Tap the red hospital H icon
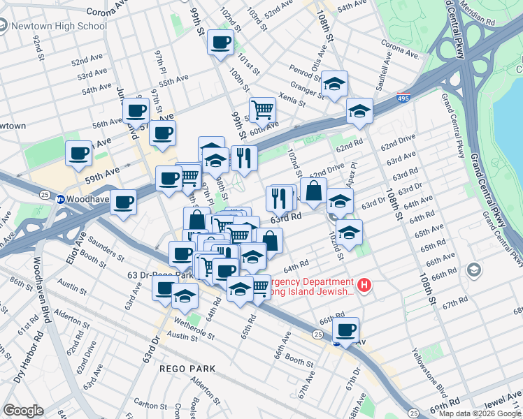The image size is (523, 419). point(364,285)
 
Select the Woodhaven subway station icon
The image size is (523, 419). point(61,199)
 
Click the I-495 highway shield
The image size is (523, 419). point(403,98)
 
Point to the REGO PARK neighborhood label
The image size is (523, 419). point(187,368)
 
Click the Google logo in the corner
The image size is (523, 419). point(23,411)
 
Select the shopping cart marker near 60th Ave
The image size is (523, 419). point(262,109)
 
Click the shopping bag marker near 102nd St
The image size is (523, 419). point(313,190)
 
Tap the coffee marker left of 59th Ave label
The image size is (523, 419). point(79,152)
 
